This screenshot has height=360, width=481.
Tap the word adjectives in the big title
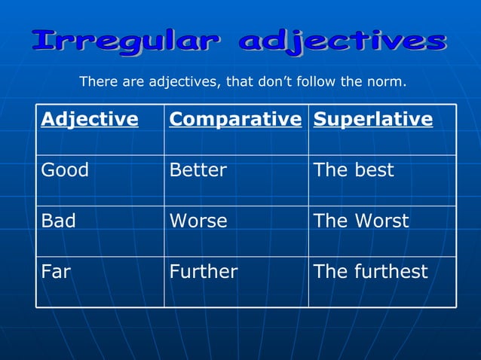coord(342,41)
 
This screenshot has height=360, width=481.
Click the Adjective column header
coord(90,119)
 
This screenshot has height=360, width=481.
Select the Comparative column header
coord(235,119)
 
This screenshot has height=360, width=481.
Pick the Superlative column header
coord(373,119)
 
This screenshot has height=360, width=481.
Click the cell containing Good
coord(65,170)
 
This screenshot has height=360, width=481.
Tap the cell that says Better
coord(198,170)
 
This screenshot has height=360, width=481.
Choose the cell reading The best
coord(354,170)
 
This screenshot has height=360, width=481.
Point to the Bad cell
coord(59,221)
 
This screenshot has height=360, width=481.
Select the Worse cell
coord(198,221)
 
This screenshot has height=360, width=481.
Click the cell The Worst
coord(361,221)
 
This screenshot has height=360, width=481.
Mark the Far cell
coord(56,271)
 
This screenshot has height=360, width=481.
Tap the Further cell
coord(204,271)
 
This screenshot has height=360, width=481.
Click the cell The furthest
coord(371,271)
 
